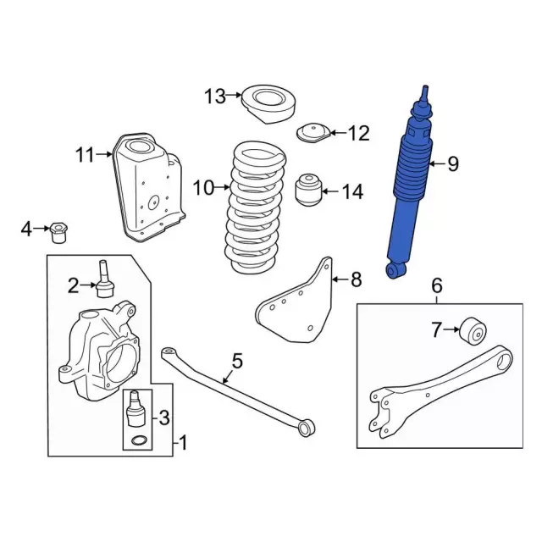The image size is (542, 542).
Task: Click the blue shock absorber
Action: [410, 186]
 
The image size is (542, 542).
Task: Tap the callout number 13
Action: [215, 96]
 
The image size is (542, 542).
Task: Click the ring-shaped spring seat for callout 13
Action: [268, 102]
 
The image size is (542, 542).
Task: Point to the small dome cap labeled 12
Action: [313, 132]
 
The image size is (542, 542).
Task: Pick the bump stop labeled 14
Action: [308, 190]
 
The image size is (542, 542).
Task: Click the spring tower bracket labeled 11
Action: [148, 187]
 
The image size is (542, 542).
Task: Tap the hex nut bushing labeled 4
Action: [58, 232]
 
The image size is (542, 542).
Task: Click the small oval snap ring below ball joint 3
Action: [139, 440]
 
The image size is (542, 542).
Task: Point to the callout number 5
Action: [237, 361]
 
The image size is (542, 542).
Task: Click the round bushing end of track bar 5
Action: [306, 427]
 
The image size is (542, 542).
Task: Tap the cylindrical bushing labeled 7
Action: [473, 331]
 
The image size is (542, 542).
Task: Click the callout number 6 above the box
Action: [437, 286]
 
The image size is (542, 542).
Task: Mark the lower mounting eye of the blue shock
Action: [395, 271]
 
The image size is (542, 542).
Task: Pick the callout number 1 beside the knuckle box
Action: [183, 442]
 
